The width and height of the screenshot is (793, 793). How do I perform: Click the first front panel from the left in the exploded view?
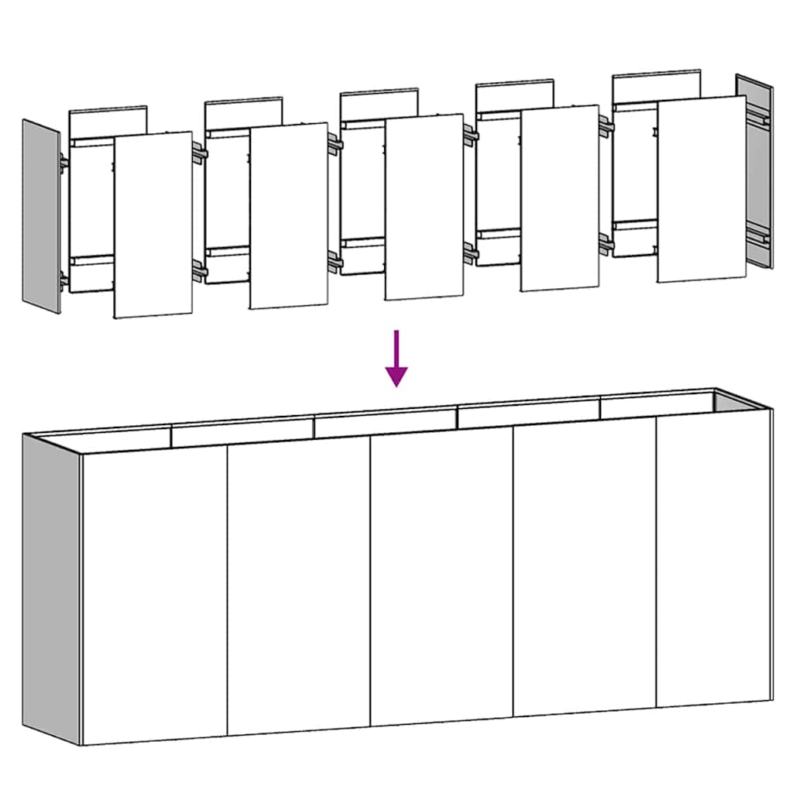pos(153,225)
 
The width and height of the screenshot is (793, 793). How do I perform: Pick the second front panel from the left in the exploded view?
pos(289,215)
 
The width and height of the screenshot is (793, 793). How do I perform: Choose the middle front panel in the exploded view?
pos(424,207)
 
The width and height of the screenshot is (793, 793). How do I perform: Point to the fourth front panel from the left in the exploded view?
pos(559,198)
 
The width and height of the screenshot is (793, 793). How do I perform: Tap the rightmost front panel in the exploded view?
pos(701,189)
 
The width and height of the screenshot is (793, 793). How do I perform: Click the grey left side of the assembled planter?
pos(51,589)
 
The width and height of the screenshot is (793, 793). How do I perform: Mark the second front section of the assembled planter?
pos(298,589)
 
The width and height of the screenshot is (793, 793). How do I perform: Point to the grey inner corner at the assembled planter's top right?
pos(732,402)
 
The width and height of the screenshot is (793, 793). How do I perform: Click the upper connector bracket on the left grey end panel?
pos(64,163)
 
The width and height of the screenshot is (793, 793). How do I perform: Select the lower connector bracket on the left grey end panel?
pos(64,280)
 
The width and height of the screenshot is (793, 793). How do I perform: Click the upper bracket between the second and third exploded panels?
pos(334,144)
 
